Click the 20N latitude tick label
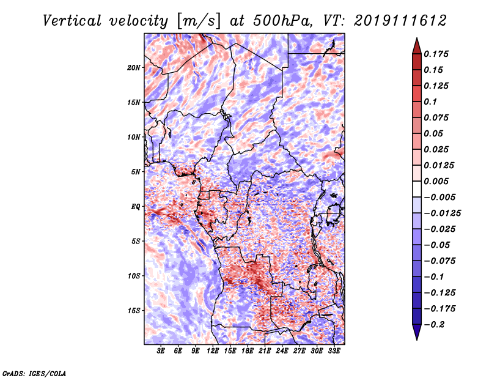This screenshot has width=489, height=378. click(x=134, y=68)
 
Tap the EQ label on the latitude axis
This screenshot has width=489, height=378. click(x=136, y=207)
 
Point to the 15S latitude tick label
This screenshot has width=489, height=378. click(x=134, y=311)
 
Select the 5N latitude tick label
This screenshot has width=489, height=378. click(x=136, y=172)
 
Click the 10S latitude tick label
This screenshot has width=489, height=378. click(x=134, y=276)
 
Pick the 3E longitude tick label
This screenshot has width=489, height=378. click(x=161, y=351)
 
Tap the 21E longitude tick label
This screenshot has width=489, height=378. click(x=265, y=351)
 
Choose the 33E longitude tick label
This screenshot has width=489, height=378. click(x=334, y=351)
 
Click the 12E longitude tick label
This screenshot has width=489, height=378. click(x=213, y=351)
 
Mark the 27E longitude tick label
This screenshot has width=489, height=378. click(x=299, y=351)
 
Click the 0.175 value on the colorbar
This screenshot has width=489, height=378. click(x=436, y=54)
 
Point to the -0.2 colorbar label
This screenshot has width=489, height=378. click(x=434, y=325)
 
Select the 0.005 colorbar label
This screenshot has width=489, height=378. click(x=436, y=181)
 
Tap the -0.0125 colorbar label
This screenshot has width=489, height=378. click(x=442, y=213)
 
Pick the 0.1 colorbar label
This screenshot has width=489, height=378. click(x=430, y=102)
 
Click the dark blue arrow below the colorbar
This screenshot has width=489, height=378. click(x=417, y=331)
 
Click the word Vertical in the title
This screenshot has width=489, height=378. click(x=72, y=21)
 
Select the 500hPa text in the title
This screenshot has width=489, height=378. click(x=282, y=21)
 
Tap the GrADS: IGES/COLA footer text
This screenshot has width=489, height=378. click(x=34, y=374)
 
